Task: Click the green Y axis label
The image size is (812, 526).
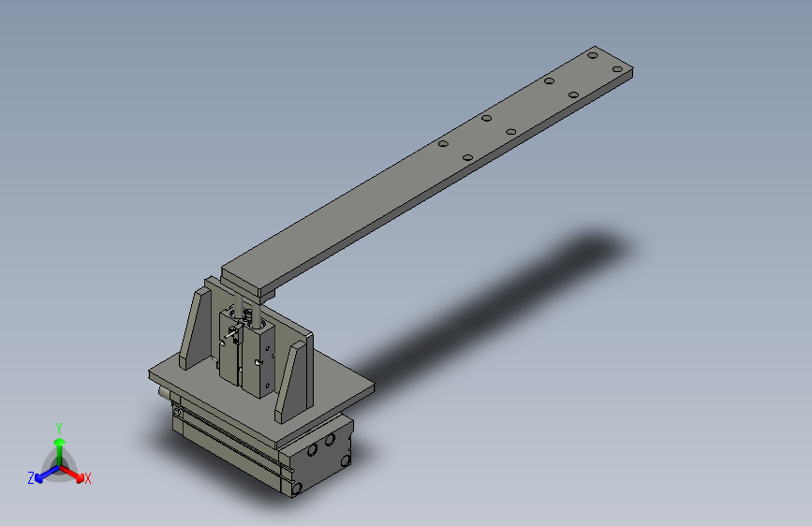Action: pyautogui.click(x=58, y=426)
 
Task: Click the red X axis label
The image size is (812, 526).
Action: pyautogui.click(x=87, y=479)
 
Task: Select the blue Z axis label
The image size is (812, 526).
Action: pyautogui.click(x=31, y=478)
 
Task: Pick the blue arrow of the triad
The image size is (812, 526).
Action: pyautogui.click(x=42, y=474)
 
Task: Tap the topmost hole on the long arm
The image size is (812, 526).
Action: pyautogui.click(x=593, y=56)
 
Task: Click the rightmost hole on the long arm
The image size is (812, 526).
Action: pyautogui.click(x=616, y=69)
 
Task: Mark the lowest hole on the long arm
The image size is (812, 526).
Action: pyautogui.click(x=468, y=157)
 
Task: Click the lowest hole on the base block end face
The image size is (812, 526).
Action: pyautogui.click(x=298, y=488)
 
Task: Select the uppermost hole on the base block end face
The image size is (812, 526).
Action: pyautogui.click(x=330, y=437)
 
